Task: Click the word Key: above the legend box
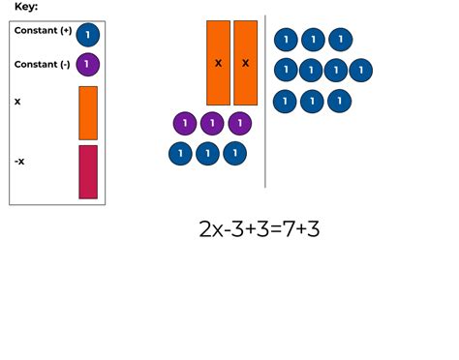27,7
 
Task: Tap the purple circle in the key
87,65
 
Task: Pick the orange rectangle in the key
88,112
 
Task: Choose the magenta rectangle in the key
88,171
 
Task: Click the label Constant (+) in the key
43,31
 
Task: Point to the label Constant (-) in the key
43,64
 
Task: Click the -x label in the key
20,161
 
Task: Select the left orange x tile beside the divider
218,63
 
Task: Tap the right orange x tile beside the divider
245,63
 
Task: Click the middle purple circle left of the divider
212,124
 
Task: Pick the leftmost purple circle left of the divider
185,124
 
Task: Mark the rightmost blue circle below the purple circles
234,153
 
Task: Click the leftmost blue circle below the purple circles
180,153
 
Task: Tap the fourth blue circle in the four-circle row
360,71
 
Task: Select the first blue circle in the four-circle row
286,71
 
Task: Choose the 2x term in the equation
211,230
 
